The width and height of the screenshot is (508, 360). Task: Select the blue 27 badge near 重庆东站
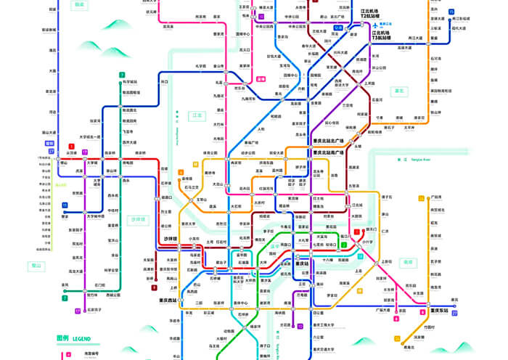click(x=454, y=313)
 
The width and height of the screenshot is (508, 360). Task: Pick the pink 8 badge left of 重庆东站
click(x=423, y=311)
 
